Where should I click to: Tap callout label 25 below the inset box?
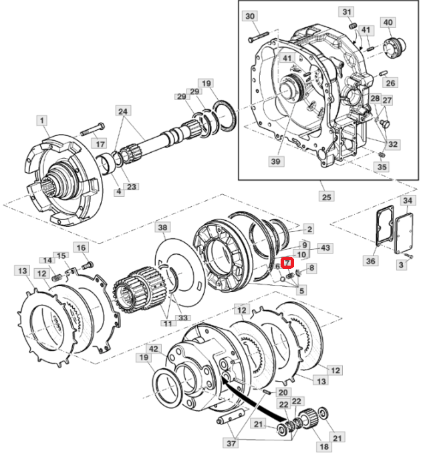[x=327, y=197]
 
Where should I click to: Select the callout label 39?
[x=275, y=161]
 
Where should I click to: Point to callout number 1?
[x=42, y=121]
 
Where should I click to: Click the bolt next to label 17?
[x=92, y=129]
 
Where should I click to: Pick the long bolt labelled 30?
[x=259, y=36]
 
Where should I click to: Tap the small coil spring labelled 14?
[x=57, y=278]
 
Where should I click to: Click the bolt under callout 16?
[x=88, y=265]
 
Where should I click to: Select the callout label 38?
[x=162, y=227]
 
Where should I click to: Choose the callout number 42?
[x=153, y=348]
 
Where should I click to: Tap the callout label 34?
[x=408, y=200]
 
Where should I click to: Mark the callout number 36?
[x=370, y=261]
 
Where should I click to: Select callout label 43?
[x=325, y=248]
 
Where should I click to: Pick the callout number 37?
[x=231, y=443]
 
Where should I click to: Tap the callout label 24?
[x=123, y=111]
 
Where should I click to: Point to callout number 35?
[x=382, y=167]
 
